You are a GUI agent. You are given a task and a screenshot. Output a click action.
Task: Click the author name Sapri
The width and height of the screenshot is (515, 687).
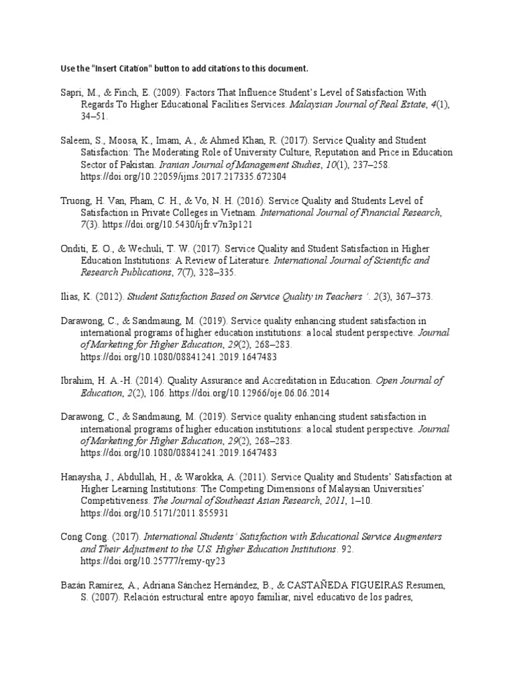click(70, 92)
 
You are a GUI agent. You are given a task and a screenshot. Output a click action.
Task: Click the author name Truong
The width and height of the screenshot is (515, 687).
click(73, 201)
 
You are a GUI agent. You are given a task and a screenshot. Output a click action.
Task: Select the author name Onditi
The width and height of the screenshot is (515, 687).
click(71, 249)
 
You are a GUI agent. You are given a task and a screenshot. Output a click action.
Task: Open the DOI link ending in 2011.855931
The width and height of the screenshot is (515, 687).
click(154, 513)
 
